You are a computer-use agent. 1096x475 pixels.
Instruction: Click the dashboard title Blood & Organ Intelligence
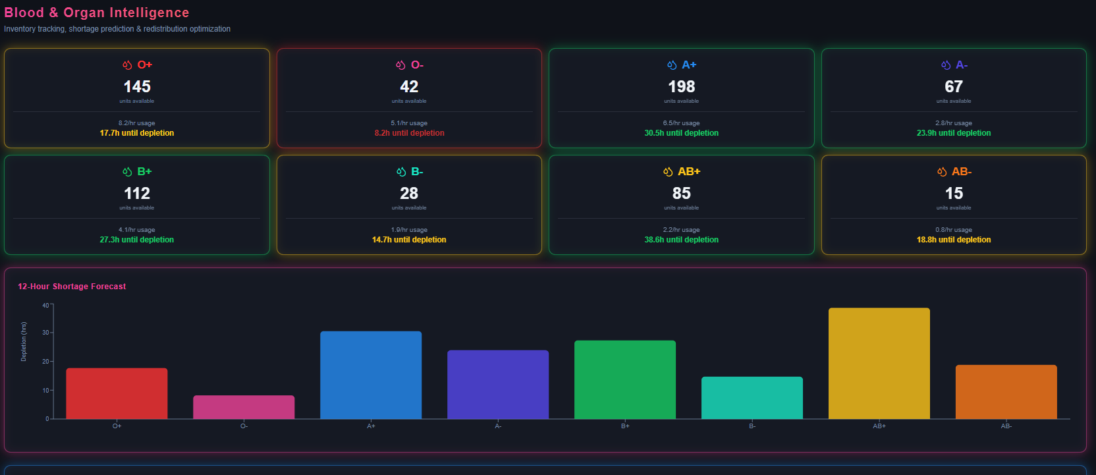pyautogui.click(x=97, y=13)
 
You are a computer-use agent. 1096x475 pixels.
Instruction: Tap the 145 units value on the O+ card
pyautogui.click(x=137, y=87)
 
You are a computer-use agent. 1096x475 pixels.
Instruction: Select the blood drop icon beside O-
pyautogui.click(x=400, y=65)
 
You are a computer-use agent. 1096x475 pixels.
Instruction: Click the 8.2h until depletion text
pyautogui.click(x=409, y=133)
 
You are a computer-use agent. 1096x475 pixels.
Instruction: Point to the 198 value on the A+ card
pyautogui.click(x=681, y=87)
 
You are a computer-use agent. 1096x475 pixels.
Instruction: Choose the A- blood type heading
pyautogui.click(x=961, y=65)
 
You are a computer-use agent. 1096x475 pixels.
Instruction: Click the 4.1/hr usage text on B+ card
pyautogui.click(x=137, y=230)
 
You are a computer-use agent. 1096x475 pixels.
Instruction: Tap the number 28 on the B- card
pyautogui.click(x=409, y=194)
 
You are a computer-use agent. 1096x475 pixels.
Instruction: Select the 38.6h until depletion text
pyautogui.click(x=681, y=240)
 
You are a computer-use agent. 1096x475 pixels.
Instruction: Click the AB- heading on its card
pyautogui.click(x=961, y=171)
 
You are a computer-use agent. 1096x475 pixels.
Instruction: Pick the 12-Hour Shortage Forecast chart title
pyautogui.click(x=72, y=287)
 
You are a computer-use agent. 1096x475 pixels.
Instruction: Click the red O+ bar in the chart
pyautogui.click(x=117, y=393)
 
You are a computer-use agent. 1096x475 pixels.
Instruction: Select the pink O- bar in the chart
pyautogui.click(x=244, y=407)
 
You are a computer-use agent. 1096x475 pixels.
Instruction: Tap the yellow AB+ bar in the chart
pyautogui.click(x=879, y=363)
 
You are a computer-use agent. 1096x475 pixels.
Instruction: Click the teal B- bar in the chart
pyautogui.click(x=752, y=398)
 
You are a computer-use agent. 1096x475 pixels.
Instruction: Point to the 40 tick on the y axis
pyautogui.click(x=45, y=305)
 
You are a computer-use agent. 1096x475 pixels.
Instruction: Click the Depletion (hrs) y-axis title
pyautogui.click(x=24, y=341)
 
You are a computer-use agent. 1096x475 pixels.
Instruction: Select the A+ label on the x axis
pyautogui.click(x=371, y=426)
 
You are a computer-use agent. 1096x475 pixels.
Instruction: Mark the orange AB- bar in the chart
pyautogui.click(x=1006, y=392)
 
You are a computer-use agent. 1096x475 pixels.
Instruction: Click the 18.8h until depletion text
pyautogui.click(x=953, y=240)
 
